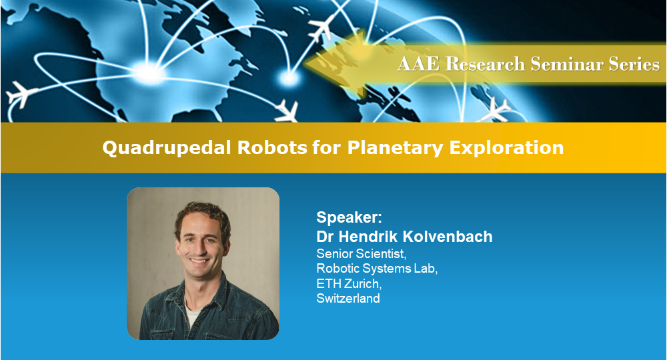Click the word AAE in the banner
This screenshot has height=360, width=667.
pos(414,65)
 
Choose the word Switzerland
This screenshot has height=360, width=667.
pos(348,298)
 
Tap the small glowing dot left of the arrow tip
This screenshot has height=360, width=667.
pos(288,79)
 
